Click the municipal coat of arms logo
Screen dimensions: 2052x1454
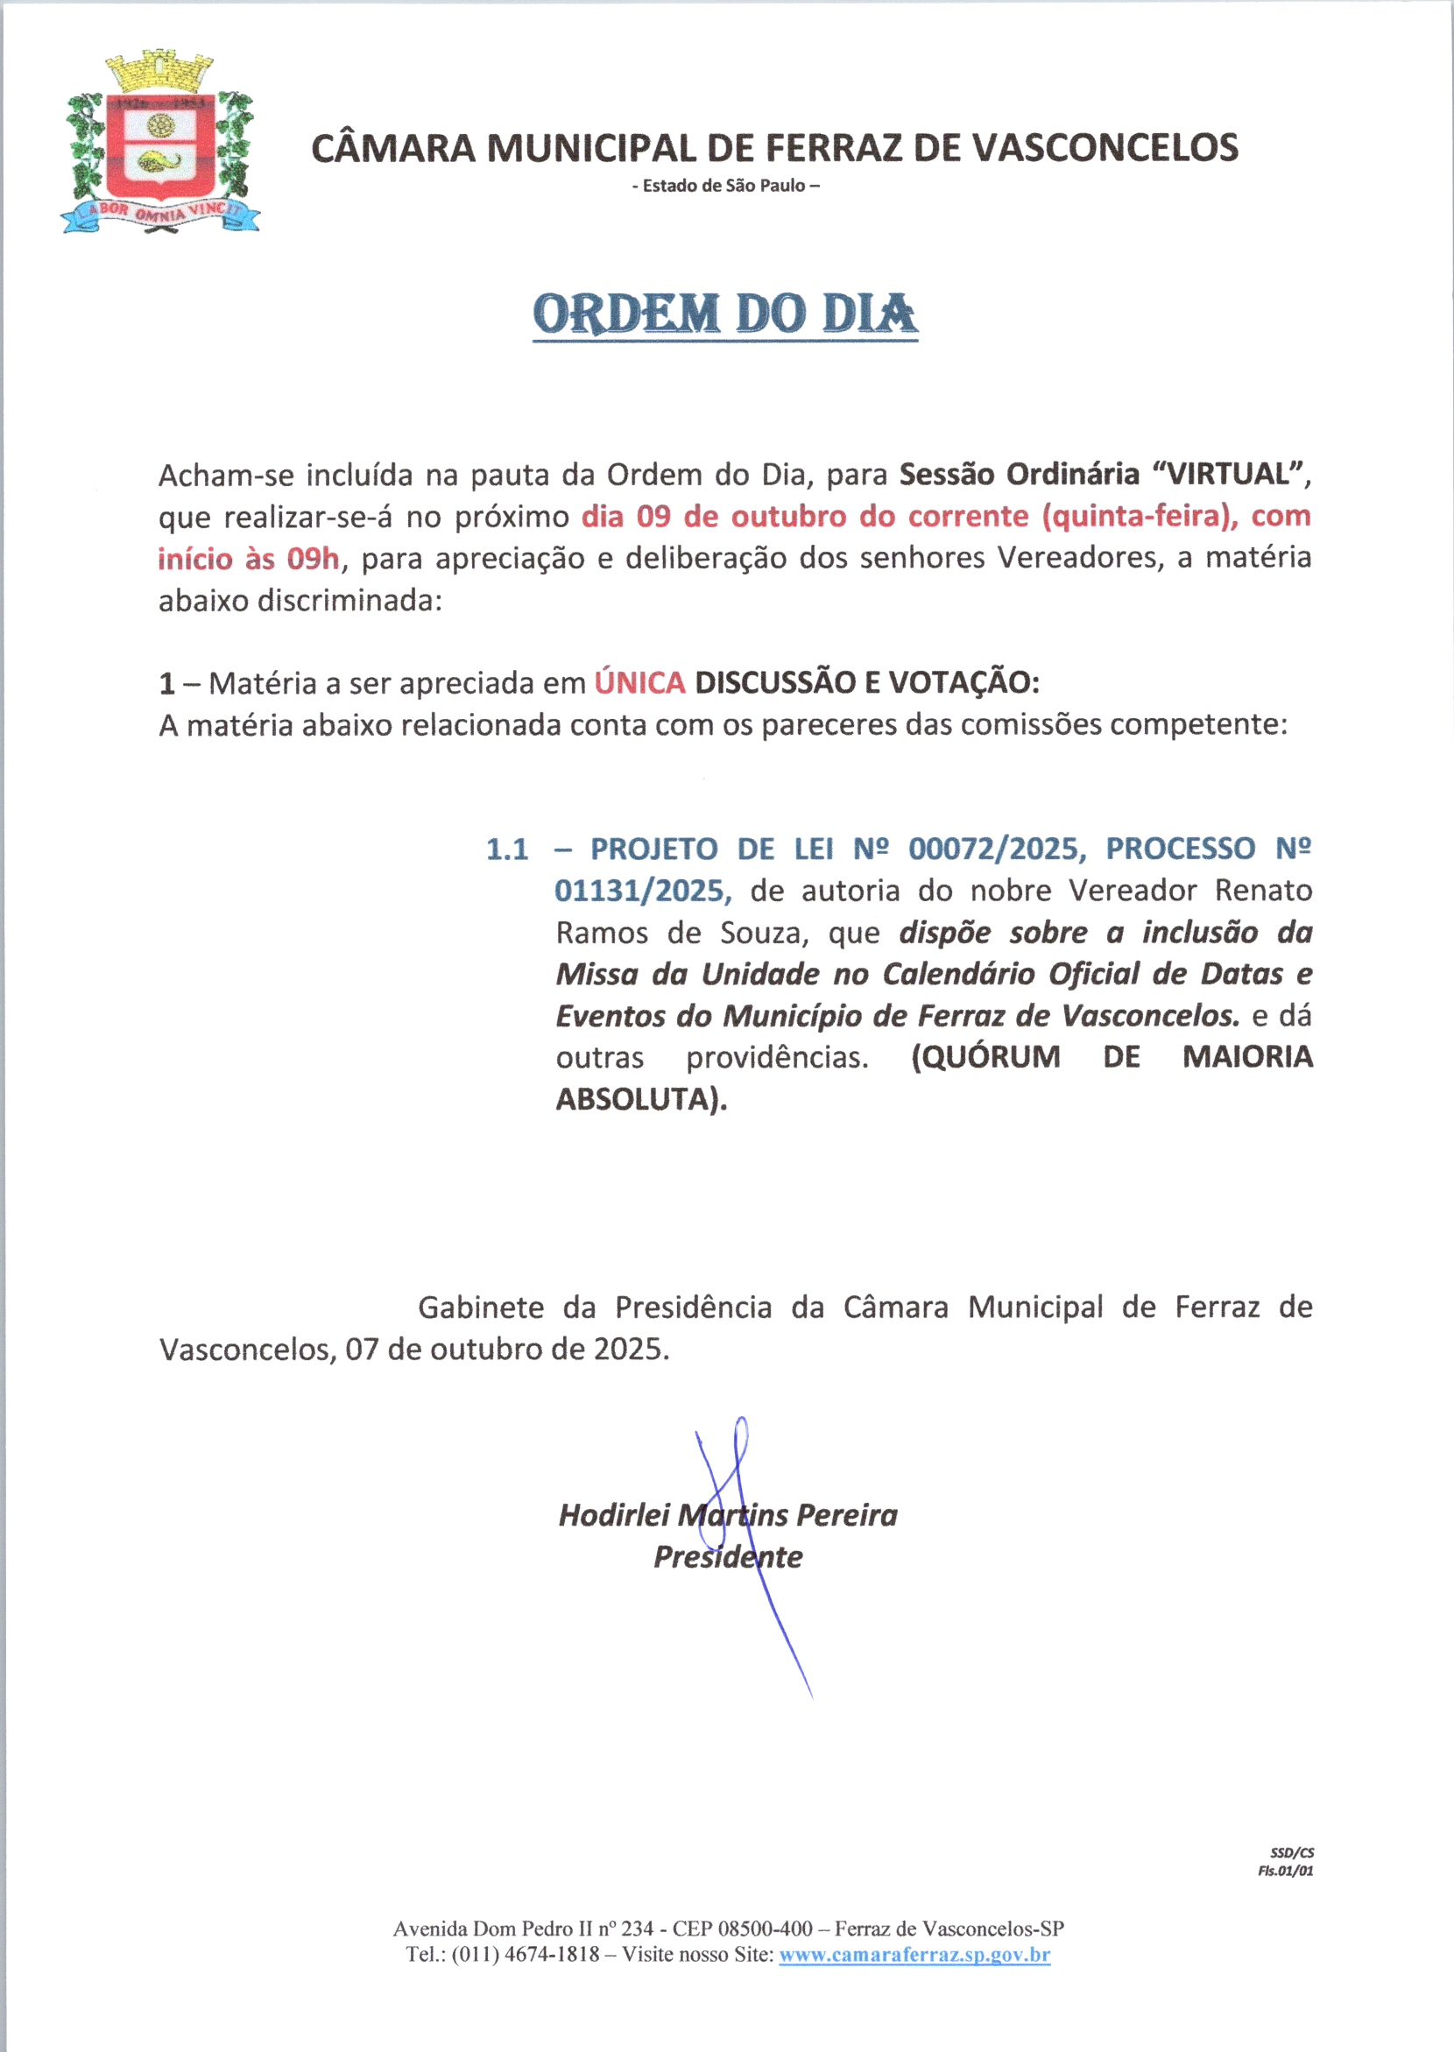click(x=160, y=144)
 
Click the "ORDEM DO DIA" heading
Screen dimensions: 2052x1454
click(x=725, y=314)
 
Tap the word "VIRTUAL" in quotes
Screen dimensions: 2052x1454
click(x=1225, y=474)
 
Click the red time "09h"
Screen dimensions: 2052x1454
click(x=313, y=560)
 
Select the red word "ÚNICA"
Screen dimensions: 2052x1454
click(x=639, y=683)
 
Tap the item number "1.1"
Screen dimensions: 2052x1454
click(x=507, y=849)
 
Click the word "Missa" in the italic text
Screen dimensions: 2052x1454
click(x=597, y=974)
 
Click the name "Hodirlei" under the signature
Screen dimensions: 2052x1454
click(x=614, y=1515)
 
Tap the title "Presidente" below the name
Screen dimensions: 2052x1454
click(x=728, y=1557)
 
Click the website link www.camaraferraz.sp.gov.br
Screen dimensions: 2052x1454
click(x=914, y=1955)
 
